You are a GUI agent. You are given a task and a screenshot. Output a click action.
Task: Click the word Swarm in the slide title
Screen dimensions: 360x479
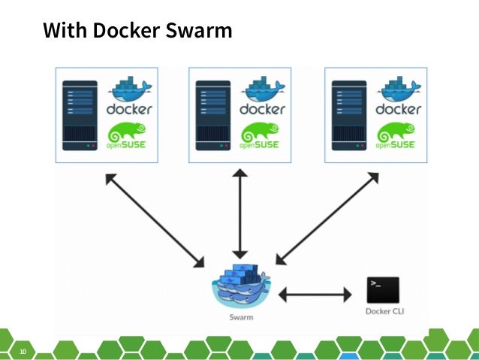click(197, 32)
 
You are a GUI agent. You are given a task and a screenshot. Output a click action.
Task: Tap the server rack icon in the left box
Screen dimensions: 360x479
click(80, 115)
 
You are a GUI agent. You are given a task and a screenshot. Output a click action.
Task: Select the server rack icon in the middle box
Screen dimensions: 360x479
click(213, 115)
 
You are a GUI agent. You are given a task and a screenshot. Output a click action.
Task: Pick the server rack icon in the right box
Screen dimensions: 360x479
click(348, 115)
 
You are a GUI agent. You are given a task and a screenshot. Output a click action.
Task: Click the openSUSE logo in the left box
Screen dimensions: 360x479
click(130, 137)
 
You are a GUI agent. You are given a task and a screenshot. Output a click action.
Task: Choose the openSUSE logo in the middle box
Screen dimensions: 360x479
click(263, 137)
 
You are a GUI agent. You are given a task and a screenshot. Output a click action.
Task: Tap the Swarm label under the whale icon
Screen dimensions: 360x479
click(240, 318)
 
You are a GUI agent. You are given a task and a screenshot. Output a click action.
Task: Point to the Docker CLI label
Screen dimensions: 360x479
click(383, 311)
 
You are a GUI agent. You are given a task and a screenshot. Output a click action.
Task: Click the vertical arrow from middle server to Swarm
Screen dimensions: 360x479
click(239, 213)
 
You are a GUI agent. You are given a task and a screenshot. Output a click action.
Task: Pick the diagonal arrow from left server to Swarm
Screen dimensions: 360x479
click(155, 220)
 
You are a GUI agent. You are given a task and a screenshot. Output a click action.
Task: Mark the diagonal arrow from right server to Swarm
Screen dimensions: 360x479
click(325, 219)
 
